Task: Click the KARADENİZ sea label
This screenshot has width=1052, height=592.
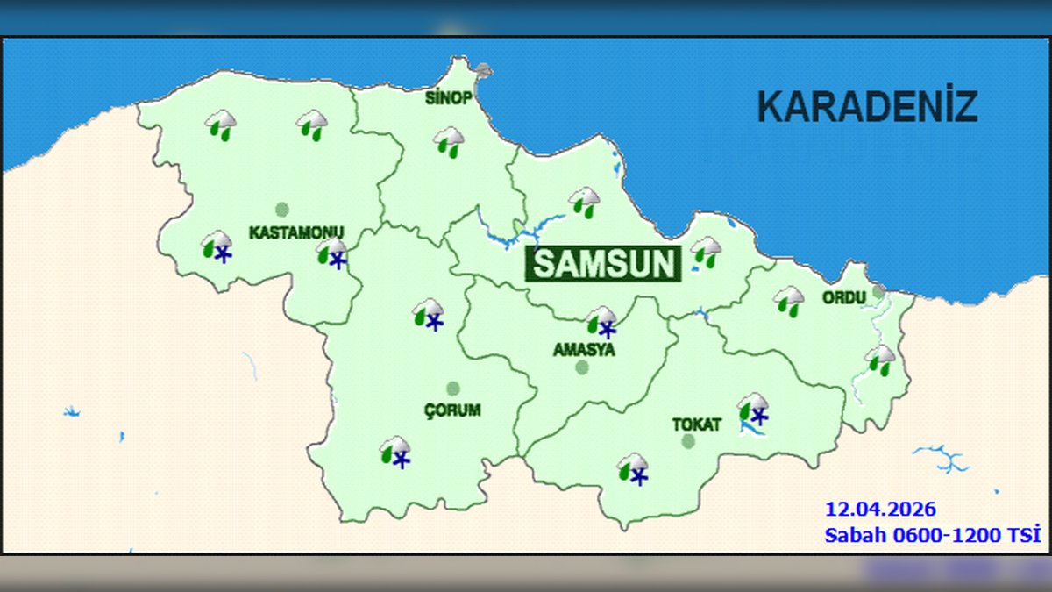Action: (x=867, y=107)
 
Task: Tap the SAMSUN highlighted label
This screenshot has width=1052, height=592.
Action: (x=604, y=264)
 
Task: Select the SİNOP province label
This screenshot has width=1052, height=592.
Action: (x=449, y=97)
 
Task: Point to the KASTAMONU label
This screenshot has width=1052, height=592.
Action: (x=296, y=232)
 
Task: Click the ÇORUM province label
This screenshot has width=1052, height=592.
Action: (x=452, y=410)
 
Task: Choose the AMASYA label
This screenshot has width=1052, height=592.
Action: (x=584, y=349)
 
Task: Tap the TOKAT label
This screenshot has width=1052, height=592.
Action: (x=696, y=424)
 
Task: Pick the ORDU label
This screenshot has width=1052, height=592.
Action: (x=843, y=297)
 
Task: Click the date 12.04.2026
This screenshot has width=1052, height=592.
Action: (x=880, y=509)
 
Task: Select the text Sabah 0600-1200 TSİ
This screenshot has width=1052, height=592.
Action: (x=932, y=534)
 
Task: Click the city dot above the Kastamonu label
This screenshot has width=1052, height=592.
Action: (x=281, y=210)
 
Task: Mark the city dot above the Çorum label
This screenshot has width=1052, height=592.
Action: (x=453, y=388)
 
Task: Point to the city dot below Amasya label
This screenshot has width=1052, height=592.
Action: (x=582, y=367)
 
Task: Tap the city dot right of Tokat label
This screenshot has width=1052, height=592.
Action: (x=688, y=441)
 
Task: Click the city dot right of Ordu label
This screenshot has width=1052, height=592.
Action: (x=878, y=292)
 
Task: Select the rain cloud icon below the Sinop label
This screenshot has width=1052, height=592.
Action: (x=449, y=141)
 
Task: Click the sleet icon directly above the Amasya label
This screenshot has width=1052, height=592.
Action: (x=602, y=322)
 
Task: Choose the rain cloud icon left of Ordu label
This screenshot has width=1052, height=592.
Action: (x=789, y=301)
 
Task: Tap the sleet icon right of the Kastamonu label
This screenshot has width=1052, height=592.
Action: (x=332, y=253)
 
